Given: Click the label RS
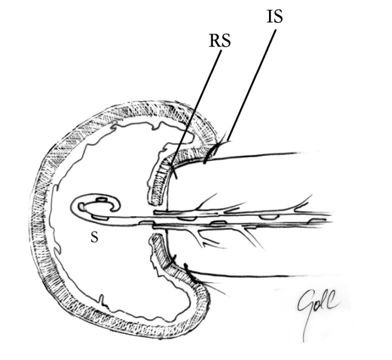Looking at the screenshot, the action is point(219,41).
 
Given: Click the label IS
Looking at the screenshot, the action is point(274,16).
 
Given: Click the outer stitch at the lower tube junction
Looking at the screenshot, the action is point(187,269).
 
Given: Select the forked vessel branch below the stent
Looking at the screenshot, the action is point(200,239).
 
